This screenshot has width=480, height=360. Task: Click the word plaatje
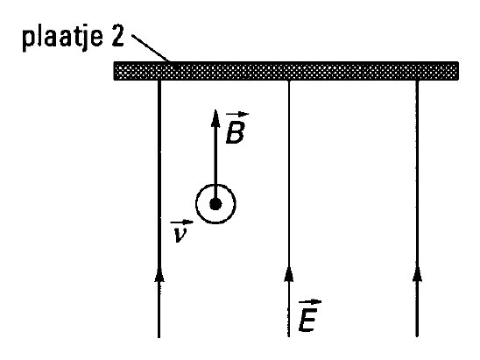(x=62, y=38)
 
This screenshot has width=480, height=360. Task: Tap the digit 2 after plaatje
(x=117, y=36)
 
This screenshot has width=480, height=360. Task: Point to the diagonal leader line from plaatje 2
(x=151, y=48)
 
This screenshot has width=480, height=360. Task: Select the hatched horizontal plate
(x=286, y=71)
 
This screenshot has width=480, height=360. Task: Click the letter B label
(x=235, y=132)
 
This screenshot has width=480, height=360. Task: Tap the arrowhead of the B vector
(x=215, y=118)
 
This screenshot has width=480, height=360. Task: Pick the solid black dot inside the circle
(x=215, y=204)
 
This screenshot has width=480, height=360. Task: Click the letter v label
(x=180, y=235)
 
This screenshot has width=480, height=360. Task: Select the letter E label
(x=308, y=321)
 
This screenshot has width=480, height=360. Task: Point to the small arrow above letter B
(x=237, y=115)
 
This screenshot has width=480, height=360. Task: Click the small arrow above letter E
(x=310, y=302)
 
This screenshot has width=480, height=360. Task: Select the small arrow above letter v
(x=182, y=222)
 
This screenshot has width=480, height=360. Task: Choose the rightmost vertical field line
(x=417, y=208)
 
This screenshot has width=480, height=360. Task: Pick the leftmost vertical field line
(x=159, y=208)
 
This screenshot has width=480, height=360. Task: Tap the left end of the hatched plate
(x=114, y=71)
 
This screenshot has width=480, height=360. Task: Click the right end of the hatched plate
(x=458, y=71)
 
